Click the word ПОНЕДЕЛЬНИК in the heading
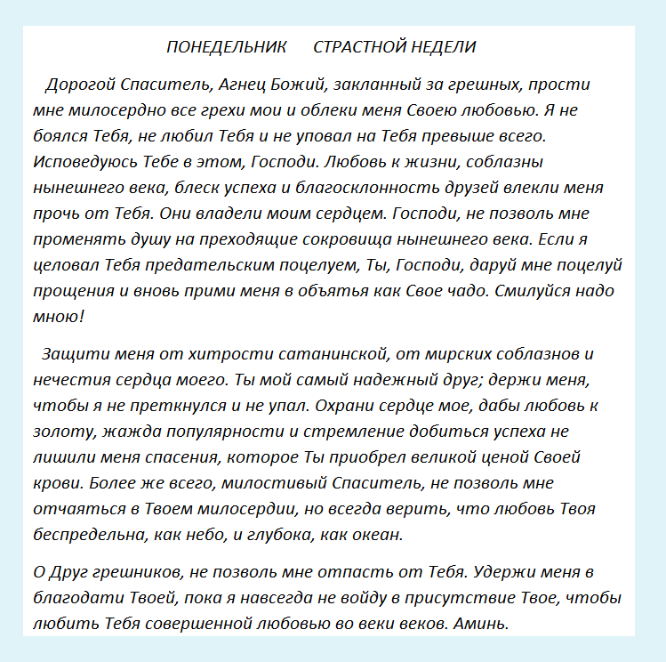point(227,47)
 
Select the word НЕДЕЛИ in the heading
point(442,47)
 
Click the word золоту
point(61,432)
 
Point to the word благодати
point(73,598)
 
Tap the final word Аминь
point(481,624)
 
